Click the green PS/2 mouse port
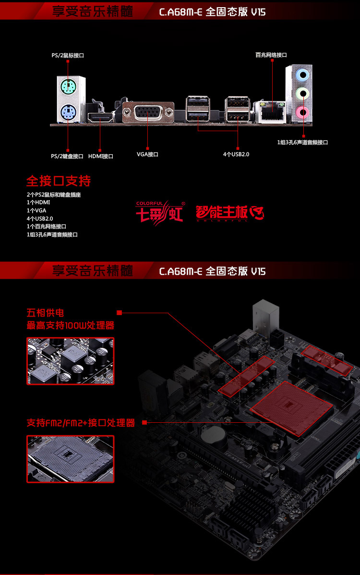coord(68,87)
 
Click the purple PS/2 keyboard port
coord(68,112)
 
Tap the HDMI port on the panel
coord(100,118)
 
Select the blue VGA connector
coord(148,112)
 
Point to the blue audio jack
coord(302,75)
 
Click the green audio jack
coord(302,93)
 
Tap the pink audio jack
coord(302,111)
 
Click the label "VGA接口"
coord(147,154)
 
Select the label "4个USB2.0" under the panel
coord(236,154)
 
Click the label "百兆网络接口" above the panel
coord(271,55)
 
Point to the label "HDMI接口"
coord(101,156)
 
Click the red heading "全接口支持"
coord(59,181)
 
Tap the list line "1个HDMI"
coord(38,202)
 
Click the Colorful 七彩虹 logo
coord(160,211)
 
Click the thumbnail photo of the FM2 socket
coord(71,459)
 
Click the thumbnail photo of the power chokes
coord(71,361)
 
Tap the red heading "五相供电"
coord(45,313)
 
